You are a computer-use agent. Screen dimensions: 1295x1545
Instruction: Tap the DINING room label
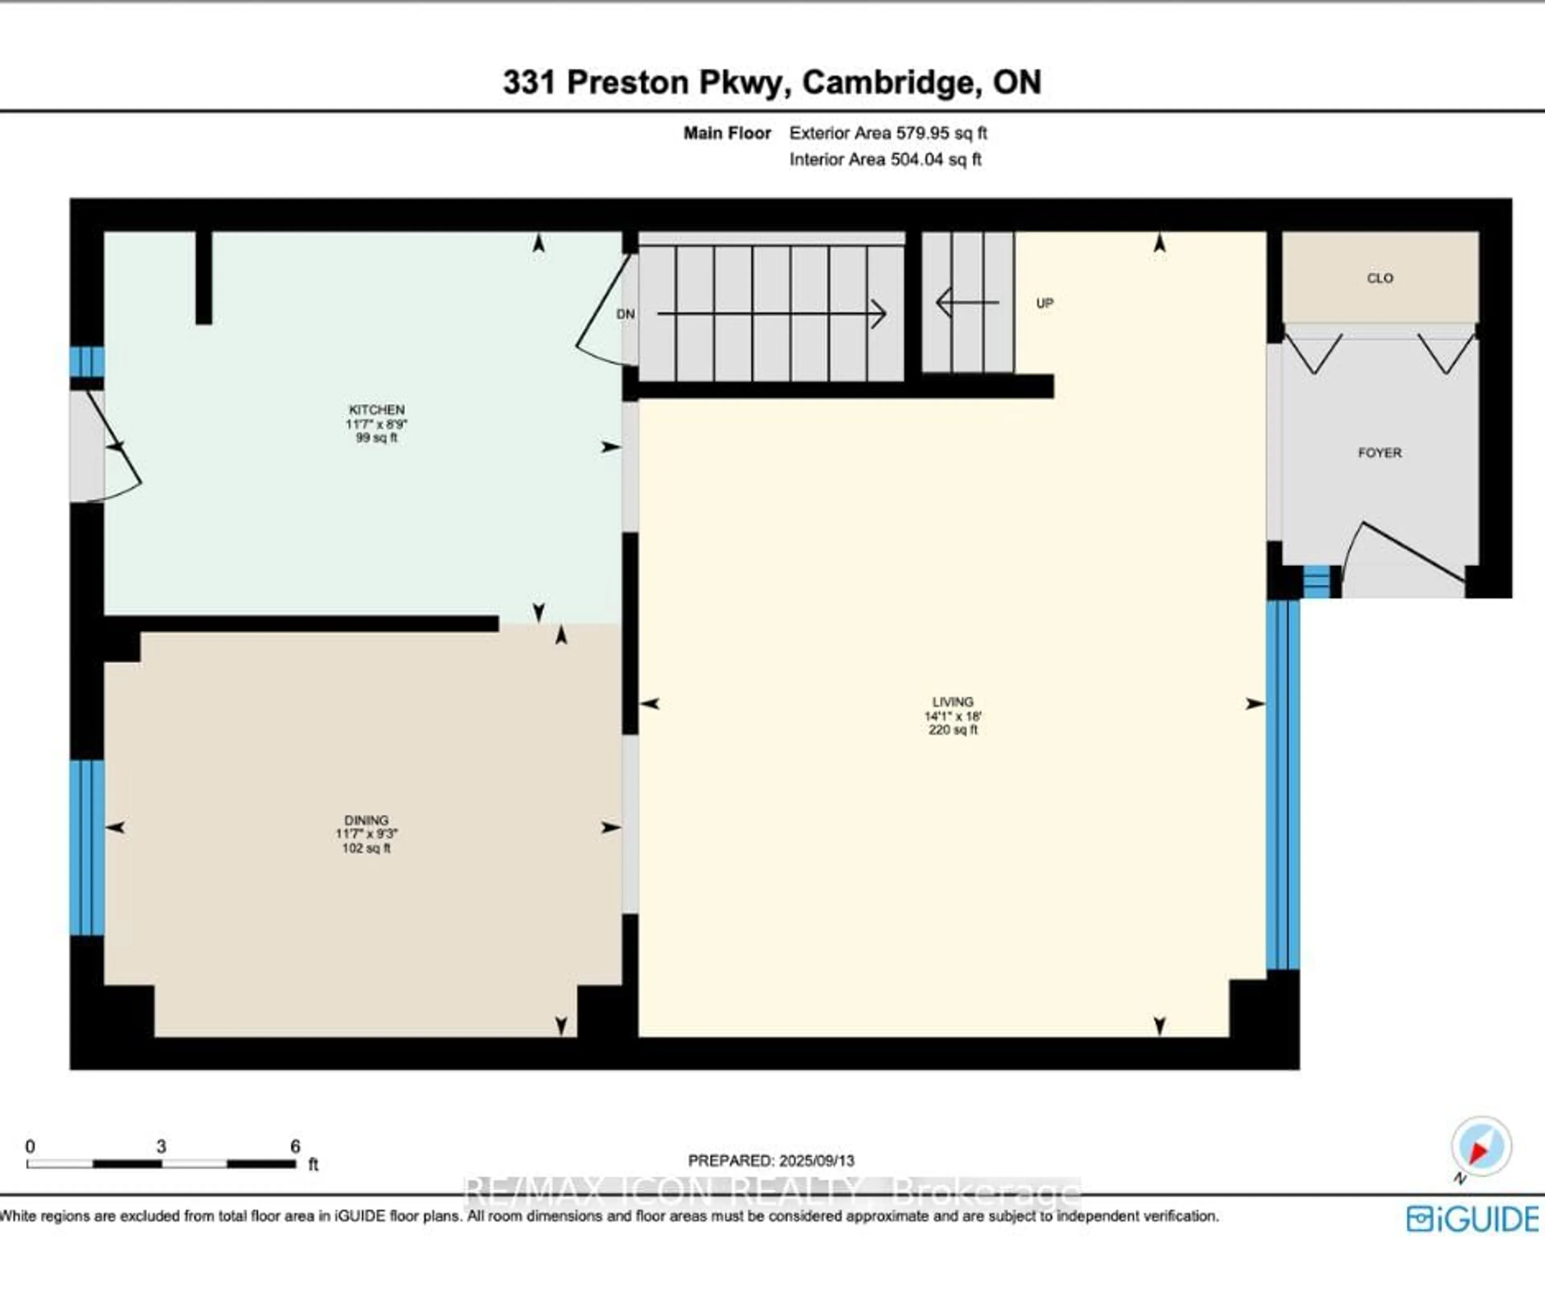coord(366,819)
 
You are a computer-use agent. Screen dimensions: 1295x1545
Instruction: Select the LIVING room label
coord(952,702)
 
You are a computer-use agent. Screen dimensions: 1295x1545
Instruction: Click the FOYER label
coord(1380,453)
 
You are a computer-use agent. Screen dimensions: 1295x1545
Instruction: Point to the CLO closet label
coord(1380,278)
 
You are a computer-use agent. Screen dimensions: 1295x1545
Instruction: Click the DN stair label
coord(624,314)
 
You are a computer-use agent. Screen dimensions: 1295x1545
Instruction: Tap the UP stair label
coord(1044,303)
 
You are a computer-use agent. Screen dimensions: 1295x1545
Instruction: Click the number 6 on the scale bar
coord(295,1146)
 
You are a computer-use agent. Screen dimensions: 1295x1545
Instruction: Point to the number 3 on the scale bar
coord(161,1146)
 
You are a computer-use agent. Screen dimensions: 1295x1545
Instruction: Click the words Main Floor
coord(727,133)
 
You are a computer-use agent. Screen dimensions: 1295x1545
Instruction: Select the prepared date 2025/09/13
coord(817,1160)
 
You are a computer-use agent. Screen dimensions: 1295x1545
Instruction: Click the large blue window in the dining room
coord(87,847)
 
